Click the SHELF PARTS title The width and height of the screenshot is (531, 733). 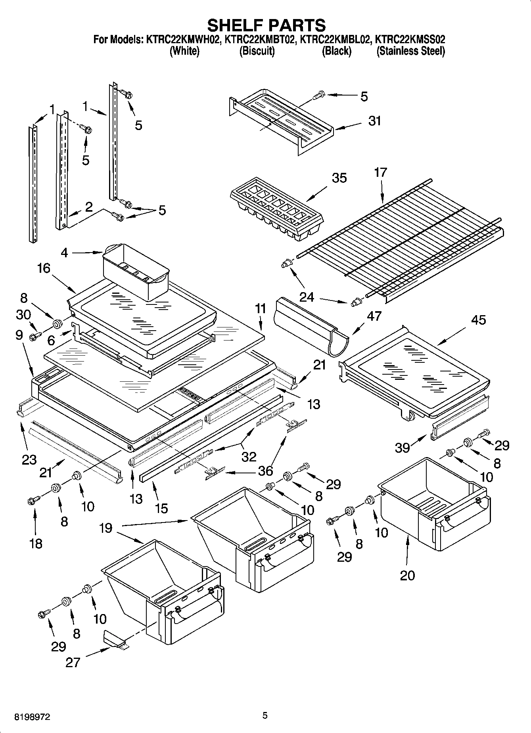coord(266,25)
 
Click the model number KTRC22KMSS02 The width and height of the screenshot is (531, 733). coord(410,40)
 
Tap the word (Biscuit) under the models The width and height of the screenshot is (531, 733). coord(257,51)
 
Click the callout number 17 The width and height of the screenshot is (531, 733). coord(380,172)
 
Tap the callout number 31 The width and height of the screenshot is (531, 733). coord(374,121)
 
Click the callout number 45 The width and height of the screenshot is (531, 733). coord(478,320)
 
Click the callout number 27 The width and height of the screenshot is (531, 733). coord(73,662)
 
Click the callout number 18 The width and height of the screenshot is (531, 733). coord(36,543)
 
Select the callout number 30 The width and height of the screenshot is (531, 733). coord(23,315)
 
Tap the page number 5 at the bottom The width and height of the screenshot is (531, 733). coord(265,716)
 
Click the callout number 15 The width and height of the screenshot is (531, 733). coord(161,508)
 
